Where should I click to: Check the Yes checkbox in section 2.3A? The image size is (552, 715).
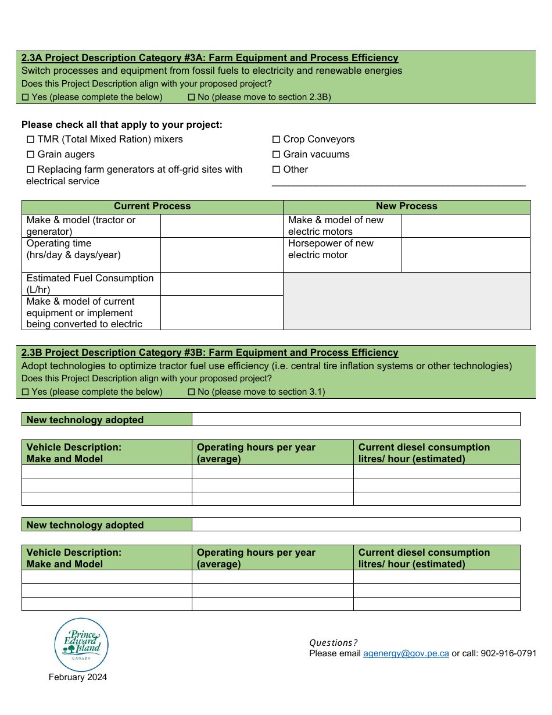[25, 98]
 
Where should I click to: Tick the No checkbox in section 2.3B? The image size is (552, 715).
[191, 392]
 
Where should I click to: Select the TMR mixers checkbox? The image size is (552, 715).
[31, 140]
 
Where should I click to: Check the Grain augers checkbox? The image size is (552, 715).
[31, 155]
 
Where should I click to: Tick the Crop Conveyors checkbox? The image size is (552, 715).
[277, 140]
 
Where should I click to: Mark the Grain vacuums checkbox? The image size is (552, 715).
[277, 155]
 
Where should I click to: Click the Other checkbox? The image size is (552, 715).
[277, 170]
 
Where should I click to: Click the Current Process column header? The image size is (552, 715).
[152, 206]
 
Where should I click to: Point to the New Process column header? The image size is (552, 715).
[406, 206]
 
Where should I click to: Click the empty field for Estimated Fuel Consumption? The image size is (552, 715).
[221, 284]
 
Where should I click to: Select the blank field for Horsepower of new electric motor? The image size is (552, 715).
[465, 255]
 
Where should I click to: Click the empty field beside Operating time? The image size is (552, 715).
[221, 255]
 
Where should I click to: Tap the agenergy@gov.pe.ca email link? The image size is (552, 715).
[406, 653]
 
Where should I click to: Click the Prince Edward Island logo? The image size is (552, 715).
[81, 645]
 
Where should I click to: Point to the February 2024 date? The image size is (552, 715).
[78, 677]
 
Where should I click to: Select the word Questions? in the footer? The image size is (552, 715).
[334, 643]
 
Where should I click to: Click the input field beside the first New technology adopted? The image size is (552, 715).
[356, 420]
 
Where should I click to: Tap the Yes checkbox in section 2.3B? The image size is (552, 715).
[25, 392]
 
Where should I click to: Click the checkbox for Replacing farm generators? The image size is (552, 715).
[31, 170]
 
